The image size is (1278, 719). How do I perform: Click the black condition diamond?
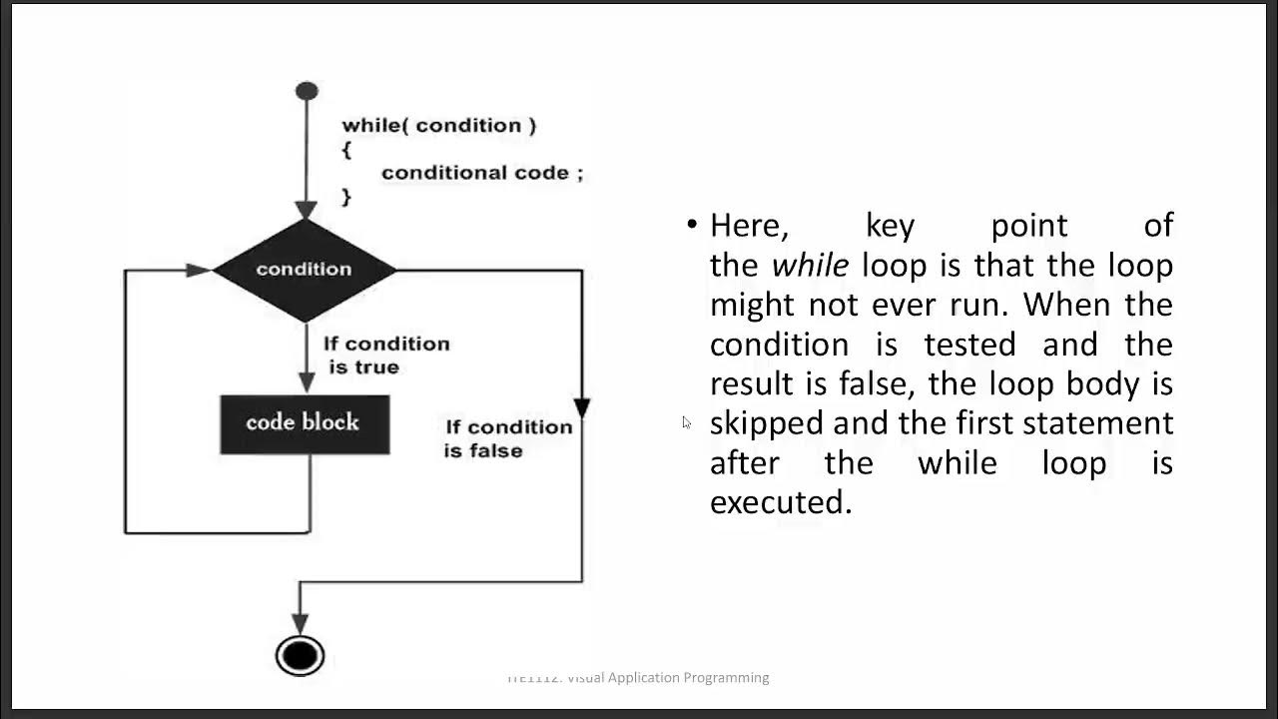coord(305,270)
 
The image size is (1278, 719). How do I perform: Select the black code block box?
coord(305,423)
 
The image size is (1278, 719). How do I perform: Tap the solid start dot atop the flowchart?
coord(307,92)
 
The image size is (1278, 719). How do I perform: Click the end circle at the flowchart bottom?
coord(300,656)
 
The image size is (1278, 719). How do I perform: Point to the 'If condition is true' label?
coord(385,356)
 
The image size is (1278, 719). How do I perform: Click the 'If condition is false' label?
coord(507,438)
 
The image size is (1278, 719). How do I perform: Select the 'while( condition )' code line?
coord(439,126)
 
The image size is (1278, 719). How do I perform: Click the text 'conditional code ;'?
coord(481,173)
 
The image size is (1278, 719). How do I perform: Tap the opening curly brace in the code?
coord(346,149)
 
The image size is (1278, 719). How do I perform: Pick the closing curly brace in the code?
coord(346,197)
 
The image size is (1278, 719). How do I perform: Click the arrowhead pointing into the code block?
coord(308,382)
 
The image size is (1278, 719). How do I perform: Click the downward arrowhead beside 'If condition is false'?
coord(582,407)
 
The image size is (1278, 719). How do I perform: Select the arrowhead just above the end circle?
coord(300,624)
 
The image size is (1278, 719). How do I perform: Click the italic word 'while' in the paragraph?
coord(810,266)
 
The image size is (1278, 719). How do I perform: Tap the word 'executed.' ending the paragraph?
coord(781,502)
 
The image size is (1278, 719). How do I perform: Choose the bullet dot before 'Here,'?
coord(692,224)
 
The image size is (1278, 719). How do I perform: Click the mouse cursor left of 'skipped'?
coord(686,422)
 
